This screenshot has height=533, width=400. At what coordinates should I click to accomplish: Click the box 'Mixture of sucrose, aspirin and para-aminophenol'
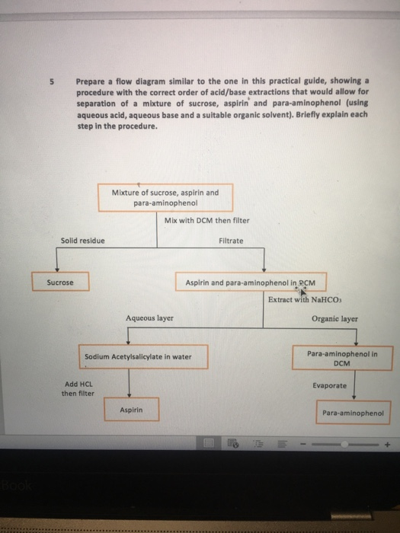[x=165, y=197]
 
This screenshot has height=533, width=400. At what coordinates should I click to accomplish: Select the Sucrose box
[x=60, y=282]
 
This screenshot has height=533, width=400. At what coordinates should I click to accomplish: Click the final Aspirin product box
[x=131, y=410]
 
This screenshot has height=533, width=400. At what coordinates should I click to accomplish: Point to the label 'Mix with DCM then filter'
[x=206, y=221]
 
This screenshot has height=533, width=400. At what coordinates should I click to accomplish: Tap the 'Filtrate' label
[x=231, y=241]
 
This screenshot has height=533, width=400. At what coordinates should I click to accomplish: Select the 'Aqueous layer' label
[x=149, y=318]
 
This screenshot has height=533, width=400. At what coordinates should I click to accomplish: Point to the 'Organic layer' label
[x=334, y=318]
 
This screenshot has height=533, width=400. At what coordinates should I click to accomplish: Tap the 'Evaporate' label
[x=329, y=385]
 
